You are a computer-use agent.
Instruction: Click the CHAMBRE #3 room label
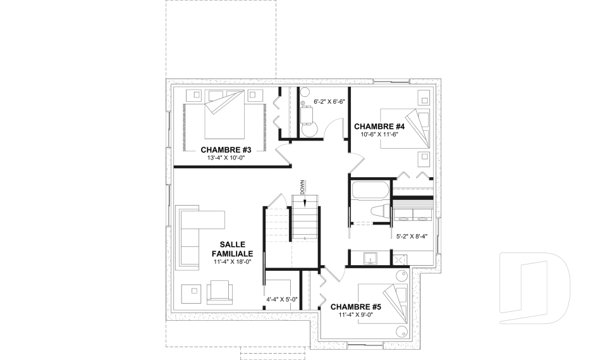click(226, 150)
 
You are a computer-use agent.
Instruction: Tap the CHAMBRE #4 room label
click(379, 127)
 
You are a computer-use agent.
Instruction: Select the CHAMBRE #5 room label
click(356, 307)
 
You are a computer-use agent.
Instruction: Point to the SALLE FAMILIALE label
click(232, 249)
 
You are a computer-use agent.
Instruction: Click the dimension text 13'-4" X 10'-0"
click(226, 158)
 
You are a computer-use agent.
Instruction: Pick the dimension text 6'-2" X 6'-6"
click(329, 102)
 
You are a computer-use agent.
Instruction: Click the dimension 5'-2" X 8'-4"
click(412, 237)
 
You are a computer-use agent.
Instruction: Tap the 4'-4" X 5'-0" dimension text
click(282, 299)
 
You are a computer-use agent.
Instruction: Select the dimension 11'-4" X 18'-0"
click(233, 261)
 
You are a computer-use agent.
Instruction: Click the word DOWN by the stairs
click(302, 187)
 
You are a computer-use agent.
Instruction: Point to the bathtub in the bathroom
click(370, 190)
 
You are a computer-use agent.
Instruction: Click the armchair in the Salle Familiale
click(220, 292)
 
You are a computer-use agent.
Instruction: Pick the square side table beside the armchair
click(192, 294)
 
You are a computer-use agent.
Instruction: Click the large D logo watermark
click(535, 288)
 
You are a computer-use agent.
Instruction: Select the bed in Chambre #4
click(405, 128)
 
